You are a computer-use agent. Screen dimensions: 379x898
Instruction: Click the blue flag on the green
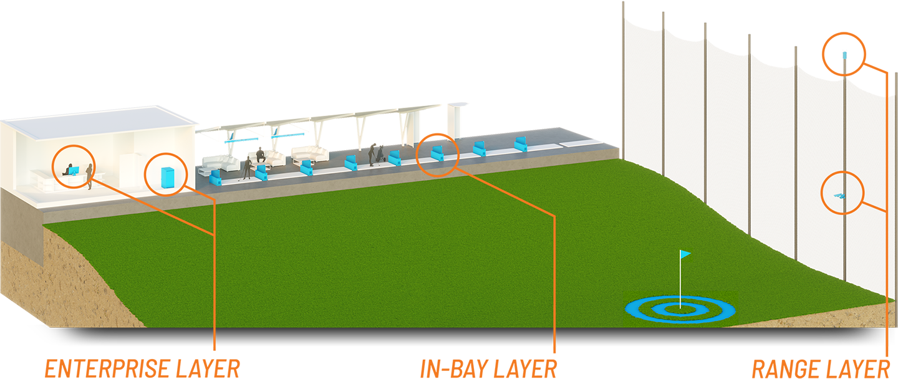[685, 254]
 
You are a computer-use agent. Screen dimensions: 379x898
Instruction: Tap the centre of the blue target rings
[680, 307]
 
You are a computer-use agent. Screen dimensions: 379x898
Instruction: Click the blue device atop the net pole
[844, 55]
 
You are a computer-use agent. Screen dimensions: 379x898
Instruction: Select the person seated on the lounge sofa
[261, 156]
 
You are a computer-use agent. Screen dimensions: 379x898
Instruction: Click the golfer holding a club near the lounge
[248, 167]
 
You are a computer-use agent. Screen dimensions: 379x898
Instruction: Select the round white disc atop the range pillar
[458, 104]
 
